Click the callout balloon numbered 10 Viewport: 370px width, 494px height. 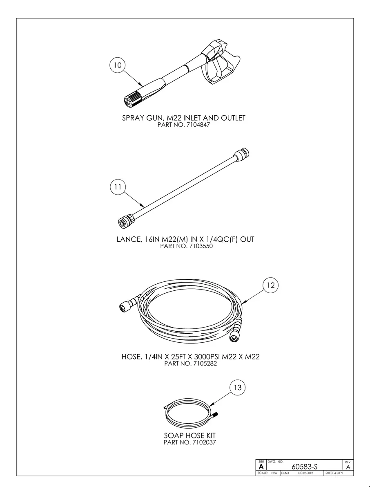(118, 65)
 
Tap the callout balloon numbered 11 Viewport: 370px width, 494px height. (118, 187)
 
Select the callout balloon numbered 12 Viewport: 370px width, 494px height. (270, 285)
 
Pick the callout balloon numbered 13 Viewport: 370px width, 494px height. (237, 388)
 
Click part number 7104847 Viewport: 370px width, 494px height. (198, 125)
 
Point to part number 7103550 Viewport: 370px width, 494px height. (201, 246)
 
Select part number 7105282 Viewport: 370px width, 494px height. (205, 364)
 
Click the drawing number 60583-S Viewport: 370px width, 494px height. (304, 467)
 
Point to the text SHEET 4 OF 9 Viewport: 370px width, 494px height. (334, 473)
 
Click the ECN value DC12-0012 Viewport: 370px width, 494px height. (305, 473)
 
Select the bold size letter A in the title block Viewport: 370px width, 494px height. (261, 467)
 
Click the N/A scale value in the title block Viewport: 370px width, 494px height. (274, 473)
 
